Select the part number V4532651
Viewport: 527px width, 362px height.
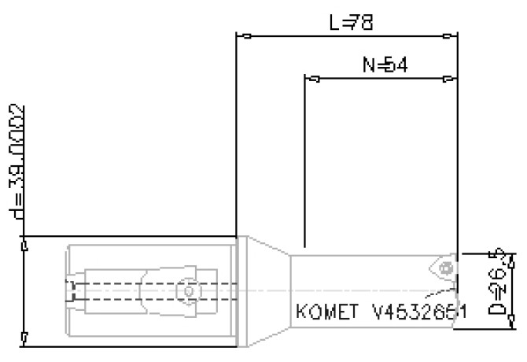point(418,312)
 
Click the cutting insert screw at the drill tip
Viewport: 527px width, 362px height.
point(447,268)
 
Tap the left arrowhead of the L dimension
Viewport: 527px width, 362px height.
point(245,35)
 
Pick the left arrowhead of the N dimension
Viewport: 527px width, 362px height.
point(312,79)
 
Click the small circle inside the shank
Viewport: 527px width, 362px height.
point(188,291)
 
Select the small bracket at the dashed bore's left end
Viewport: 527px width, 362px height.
point(71,291)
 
